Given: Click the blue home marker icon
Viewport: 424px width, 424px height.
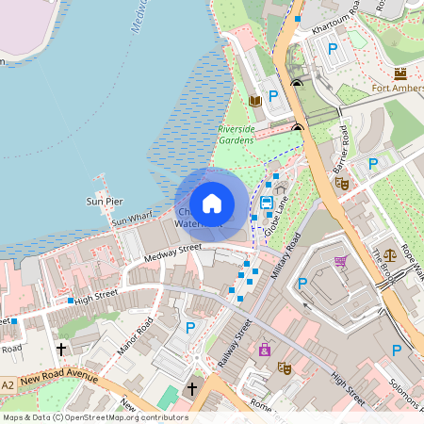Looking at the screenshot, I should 212,204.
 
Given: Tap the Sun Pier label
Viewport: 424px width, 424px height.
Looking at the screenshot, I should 104,201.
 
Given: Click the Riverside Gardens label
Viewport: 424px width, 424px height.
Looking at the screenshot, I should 236,135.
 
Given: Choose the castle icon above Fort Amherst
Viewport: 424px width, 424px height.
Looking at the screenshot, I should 400,73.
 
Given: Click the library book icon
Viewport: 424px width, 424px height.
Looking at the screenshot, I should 253,100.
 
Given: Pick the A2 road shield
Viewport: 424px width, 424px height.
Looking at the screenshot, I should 8,384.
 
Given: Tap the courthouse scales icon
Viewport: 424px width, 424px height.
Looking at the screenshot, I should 390,254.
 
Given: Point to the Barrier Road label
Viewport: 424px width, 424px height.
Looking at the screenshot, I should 341,149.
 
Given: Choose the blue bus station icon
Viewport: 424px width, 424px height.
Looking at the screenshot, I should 267,201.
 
